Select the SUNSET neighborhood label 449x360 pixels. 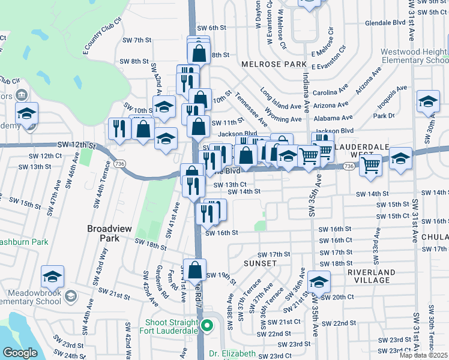click(x=260, y=263)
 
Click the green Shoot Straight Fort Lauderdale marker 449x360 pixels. click(x=207, y=326)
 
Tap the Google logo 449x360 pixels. click(x=20, y=353)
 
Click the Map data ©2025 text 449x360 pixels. click(x=423, y=355)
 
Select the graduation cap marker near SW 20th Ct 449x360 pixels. click(x=319, y=281)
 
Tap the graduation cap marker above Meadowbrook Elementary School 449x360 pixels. click(x=53, y=277)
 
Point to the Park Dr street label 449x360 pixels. click(x=383, y=115)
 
